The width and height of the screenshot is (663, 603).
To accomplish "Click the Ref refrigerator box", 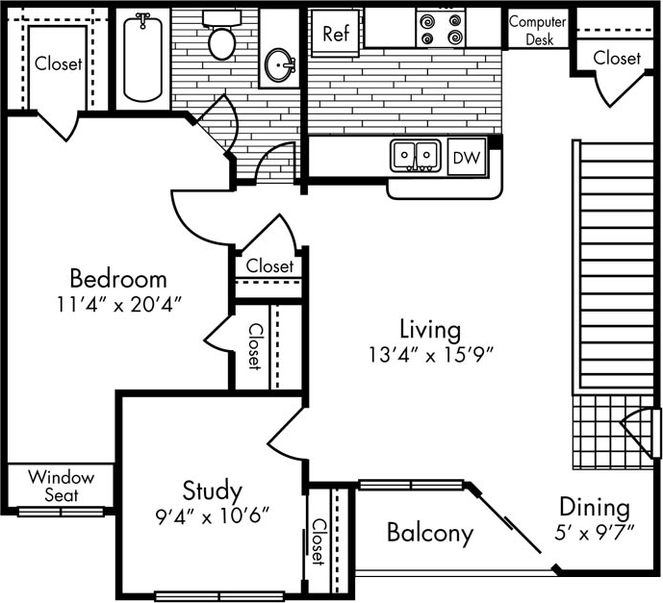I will click(x=335, y=34).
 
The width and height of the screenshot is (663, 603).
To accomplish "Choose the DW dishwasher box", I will click(x=467, y=157).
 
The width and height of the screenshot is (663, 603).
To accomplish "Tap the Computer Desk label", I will click(x=538, y=30).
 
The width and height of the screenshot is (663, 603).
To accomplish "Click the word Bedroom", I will click(x=118, y=279).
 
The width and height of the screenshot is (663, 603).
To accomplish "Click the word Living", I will click(x=429, y=329).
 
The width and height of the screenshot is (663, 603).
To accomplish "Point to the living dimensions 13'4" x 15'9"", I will click(x=429, y=354).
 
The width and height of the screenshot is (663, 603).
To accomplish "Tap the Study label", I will click(x=212, y=490).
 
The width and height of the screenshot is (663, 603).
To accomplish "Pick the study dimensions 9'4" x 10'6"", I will click(x=212, y=515).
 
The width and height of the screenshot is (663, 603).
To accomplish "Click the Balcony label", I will click(x=430, y=532).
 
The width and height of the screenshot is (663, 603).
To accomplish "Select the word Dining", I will click(x=595, y=507).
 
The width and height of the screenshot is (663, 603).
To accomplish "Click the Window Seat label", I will click(x=61, y=486).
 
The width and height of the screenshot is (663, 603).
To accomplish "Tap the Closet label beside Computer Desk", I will click(x=617, y=58).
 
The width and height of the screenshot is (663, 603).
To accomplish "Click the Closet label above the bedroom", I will click(x=59, y=64).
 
